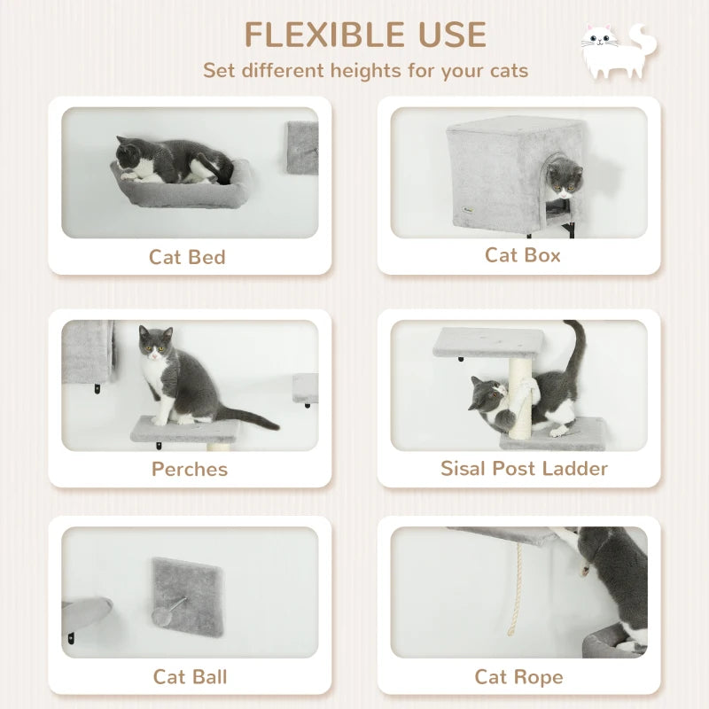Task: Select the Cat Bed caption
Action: tap(187, 257)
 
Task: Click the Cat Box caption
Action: tap(522, 255)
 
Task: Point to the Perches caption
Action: tap(190, 469)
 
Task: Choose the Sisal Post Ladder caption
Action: tap(524, 468)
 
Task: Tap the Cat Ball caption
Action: tap(190, 677)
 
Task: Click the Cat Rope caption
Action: tap(518, 677)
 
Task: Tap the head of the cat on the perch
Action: tap(155, 345)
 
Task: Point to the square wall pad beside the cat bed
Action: tap(301, 147)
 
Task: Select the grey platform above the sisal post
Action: tap(489, 343)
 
